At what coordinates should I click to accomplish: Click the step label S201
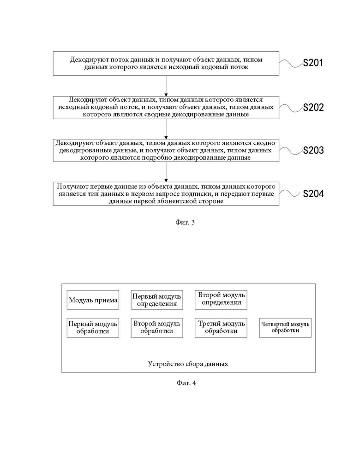click(313, 63)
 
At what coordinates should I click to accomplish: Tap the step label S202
click(313, 107)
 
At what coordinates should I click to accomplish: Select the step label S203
click(313, 150)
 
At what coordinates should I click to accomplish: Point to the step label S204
click(313, 193)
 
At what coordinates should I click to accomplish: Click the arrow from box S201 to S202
click(166, 86)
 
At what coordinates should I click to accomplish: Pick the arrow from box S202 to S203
click(166, 129)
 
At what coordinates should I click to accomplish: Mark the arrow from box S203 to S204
click(166, 172)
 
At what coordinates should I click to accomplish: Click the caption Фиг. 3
click(185, 222)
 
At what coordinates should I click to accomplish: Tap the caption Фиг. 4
click(186, 383)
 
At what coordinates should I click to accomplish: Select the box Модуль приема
click(93, 300)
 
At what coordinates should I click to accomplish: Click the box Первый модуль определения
click(157, 300)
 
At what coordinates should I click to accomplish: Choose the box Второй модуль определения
click(221, 300)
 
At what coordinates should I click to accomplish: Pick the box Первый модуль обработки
click(93, 328)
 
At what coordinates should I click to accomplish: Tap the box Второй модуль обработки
click(157, 328)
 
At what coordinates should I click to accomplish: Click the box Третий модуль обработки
click(221, 328)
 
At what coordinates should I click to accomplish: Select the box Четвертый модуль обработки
click(285, 328)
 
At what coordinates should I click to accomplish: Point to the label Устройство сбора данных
click(188, 364)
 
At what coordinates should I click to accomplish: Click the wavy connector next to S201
click(291, 63)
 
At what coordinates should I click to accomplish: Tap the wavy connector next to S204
click(291, 193)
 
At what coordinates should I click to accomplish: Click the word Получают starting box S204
click(70, 186)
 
